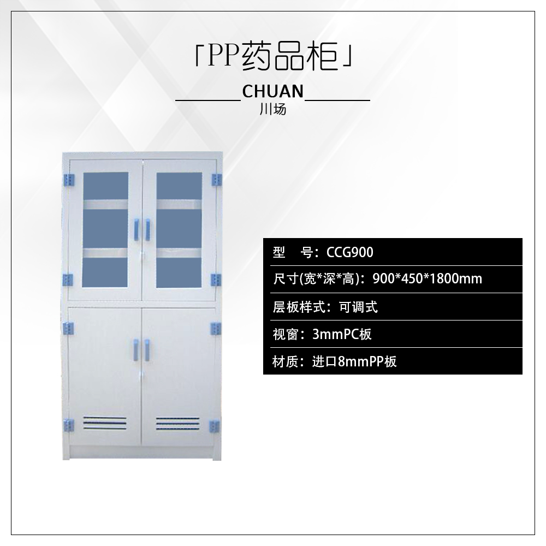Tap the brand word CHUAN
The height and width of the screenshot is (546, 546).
click(272, 91)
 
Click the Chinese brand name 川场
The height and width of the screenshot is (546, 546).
click(272, 109)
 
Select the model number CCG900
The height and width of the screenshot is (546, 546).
click(349, 252)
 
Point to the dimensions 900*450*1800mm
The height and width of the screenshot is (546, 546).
click(427, 279)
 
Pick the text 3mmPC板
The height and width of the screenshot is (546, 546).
click(342, 334)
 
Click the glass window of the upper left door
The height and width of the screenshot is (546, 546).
click(105, 230)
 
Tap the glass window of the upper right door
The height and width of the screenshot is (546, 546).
click(179, 230)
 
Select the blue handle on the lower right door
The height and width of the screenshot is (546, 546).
click(147, 349)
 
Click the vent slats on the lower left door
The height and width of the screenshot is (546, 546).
click(105, 423)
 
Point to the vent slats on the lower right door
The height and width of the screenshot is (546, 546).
click(177, 423)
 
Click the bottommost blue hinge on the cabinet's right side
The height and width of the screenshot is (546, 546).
click(216, 425)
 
